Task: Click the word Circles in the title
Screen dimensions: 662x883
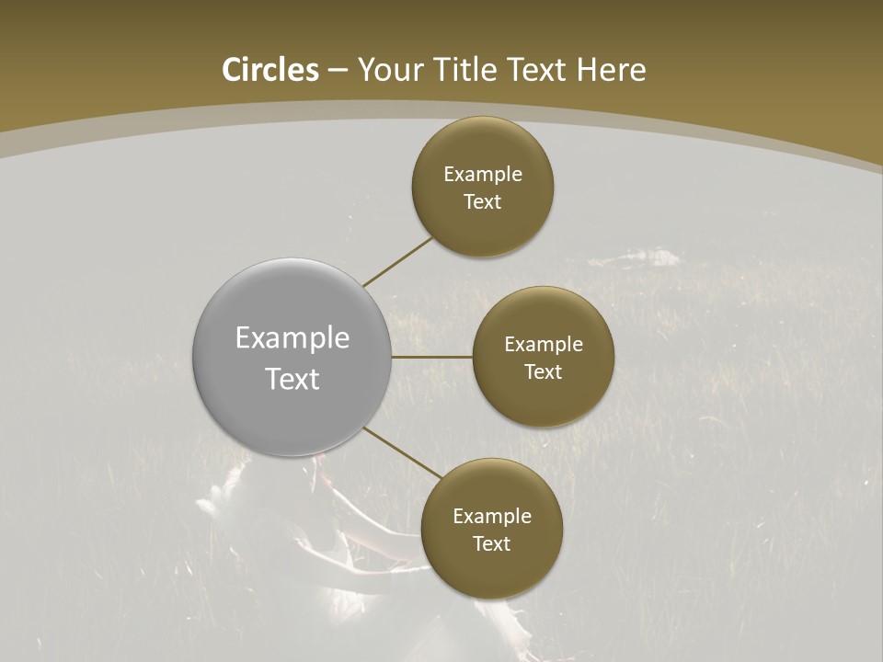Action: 270,70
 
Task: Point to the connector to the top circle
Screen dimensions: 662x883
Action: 397,261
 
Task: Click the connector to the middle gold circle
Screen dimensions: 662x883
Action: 431,357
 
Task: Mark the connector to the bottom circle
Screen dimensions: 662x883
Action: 401,452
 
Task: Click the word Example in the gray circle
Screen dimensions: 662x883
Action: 292,338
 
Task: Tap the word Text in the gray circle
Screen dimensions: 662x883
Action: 292,379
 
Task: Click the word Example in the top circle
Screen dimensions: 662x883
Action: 483,175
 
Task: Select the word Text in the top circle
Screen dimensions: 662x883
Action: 483,201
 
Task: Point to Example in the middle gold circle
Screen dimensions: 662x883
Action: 544,345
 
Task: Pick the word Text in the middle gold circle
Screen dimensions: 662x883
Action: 544,371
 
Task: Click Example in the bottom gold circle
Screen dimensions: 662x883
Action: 492,517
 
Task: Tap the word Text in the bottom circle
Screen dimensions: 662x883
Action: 492,543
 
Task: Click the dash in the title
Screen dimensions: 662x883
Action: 338,71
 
